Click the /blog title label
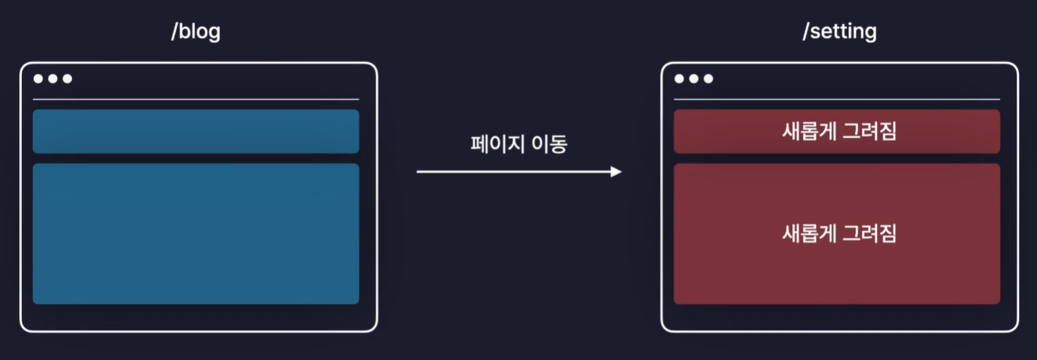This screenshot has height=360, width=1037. coord(196,33)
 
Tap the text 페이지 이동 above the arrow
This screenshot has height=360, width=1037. coord(518,144)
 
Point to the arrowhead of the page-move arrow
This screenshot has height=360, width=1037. coord(616,172)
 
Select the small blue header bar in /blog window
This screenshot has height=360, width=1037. coord(196,131)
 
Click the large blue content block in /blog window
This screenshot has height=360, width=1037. coord(196,233)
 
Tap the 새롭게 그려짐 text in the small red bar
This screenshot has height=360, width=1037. coord(838,131)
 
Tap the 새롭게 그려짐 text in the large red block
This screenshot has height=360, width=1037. coord(838,233)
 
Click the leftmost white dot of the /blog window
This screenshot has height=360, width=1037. coord(39,79)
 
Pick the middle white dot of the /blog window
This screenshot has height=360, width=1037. coord(53,79)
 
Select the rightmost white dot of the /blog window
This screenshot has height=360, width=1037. coord(67,79)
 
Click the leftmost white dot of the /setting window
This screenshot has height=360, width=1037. coord(679,79)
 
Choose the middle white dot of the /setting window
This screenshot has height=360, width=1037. coord(694,79)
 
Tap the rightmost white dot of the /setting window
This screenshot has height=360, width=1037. coord(708,79)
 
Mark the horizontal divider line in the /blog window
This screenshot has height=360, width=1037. coord(196,99)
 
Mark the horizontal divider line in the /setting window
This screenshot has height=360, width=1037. coord(837,99)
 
